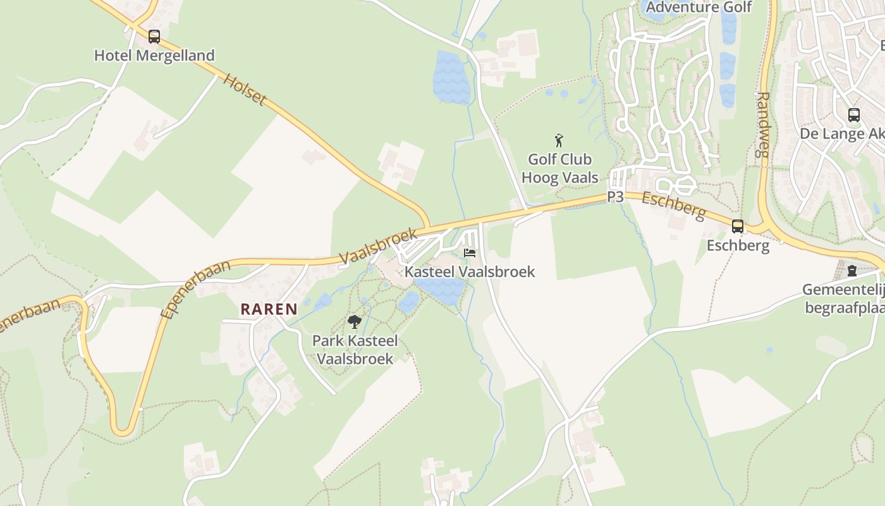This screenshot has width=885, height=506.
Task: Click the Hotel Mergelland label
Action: (x=154, y=56)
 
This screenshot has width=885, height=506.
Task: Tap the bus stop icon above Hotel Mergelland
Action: (x=154, y=37)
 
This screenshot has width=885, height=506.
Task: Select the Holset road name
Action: (x=245, y=90)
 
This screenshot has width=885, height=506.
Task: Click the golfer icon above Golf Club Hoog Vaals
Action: (x=559, y=140)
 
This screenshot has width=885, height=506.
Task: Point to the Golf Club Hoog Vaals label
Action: (x=559, y=168)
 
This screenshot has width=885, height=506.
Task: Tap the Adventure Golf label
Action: (x=699, y=8)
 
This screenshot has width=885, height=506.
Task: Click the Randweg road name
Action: (x=764, y=124)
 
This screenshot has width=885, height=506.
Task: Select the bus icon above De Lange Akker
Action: (x=853, y=115)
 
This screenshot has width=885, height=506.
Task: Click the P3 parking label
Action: (x=615, y=197)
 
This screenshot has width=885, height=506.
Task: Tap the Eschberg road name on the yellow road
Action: (x=673, y=207)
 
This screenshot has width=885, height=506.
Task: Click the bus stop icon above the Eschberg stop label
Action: (x=737, y=226)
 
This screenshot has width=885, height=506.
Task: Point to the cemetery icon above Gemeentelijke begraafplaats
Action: (x=852, y=271)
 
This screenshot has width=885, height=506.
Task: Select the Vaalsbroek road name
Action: (x=378, y=246)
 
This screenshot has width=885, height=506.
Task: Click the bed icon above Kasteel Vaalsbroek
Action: (x=470, y=253)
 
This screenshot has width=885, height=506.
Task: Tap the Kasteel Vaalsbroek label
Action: (x=470, y=272)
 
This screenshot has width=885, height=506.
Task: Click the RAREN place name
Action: (x=269, y=309)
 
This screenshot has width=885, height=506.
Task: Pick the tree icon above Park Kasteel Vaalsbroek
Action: (x=355, y=322)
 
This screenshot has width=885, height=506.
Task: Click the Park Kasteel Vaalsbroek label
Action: (x=355, y=350)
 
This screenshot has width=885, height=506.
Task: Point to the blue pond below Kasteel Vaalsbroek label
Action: (x=441, y=289)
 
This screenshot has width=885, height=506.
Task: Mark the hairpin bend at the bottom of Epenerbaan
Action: (x=123, y=430)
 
